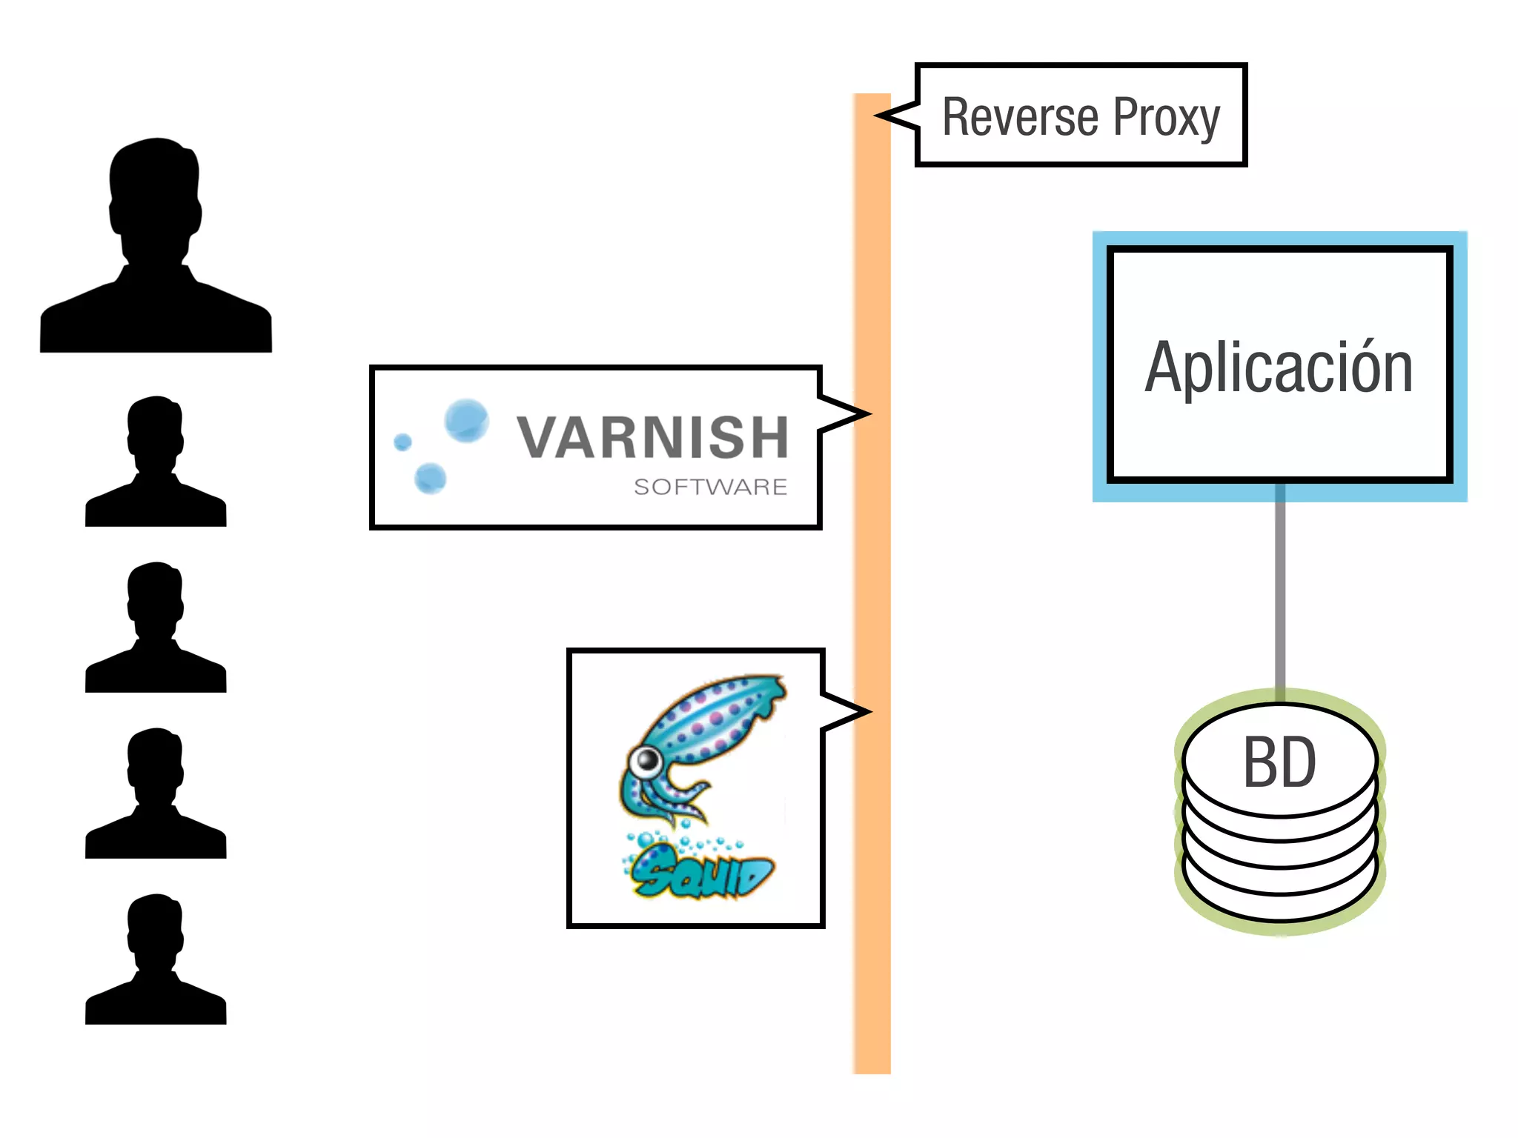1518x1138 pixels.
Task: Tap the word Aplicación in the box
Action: coord(1279,367)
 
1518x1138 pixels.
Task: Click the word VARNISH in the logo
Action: coord(652,437)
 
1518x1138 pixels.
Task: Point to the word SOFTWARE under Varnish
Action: coord(710,487)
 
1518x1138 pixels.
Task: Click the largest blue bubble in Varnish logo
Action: coord(466,420)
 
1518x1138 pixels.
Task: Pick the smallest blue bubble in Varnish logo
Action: coord(402,442)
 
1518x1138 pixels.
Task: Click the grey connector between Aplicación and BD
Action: coord(1280,593)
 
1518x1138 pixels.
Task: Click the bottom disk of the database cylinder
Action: coord(1280,900)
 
